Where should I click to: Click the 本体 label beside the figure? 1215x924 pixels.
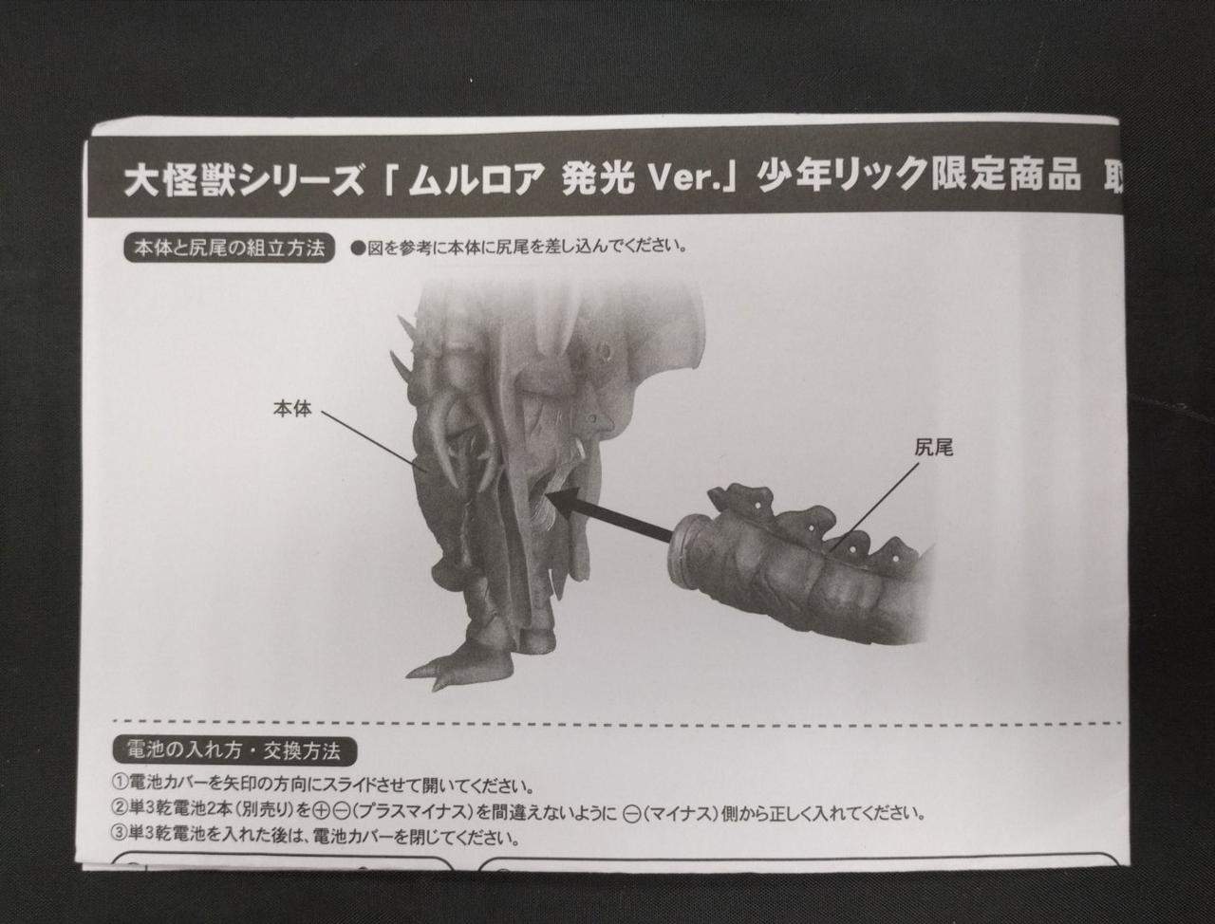click(x=291, y=409)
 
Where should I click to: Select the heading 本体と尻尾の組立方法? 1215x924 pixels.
click(x=229, y=249)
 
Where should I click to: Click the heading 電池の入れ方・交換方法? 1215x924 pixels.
click(x=234, y=751)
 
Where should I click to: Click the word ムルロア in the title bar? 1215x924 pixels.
click(x=477, y=178)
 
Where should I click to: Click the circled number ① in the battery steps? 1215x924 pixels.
click(x=121, y=784)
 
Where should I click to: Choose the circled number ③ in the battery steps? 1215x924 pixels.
click(x=121, y=837)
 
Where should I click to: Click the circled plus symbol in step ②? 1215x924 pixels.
click(x=321, y=811)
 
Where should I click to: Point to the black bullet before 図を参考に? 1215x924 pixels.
click(x=358, y=249)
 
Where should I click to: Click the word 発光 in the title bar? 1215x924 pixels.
click(x=598, y=178)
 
